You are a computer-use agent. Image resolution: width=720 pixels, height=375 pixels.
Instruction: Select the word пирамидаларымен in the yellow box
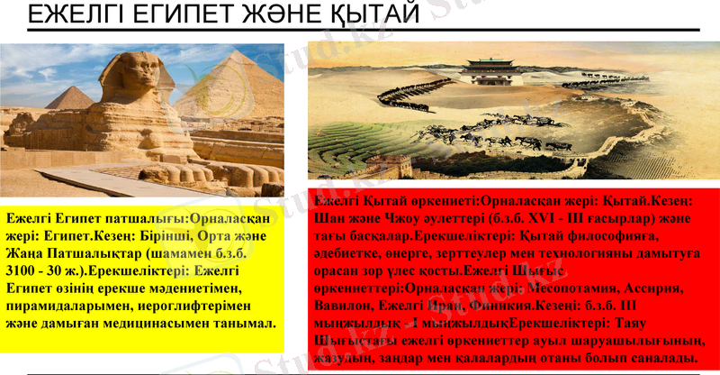coord(71,306)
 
